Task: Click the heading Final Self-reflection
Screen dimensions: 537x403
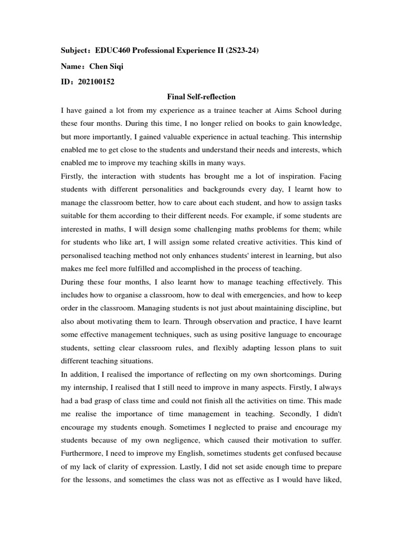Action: [x=201, y=96]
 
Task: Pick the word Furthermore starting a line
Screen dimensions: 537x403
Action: [x=84, y=454]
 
